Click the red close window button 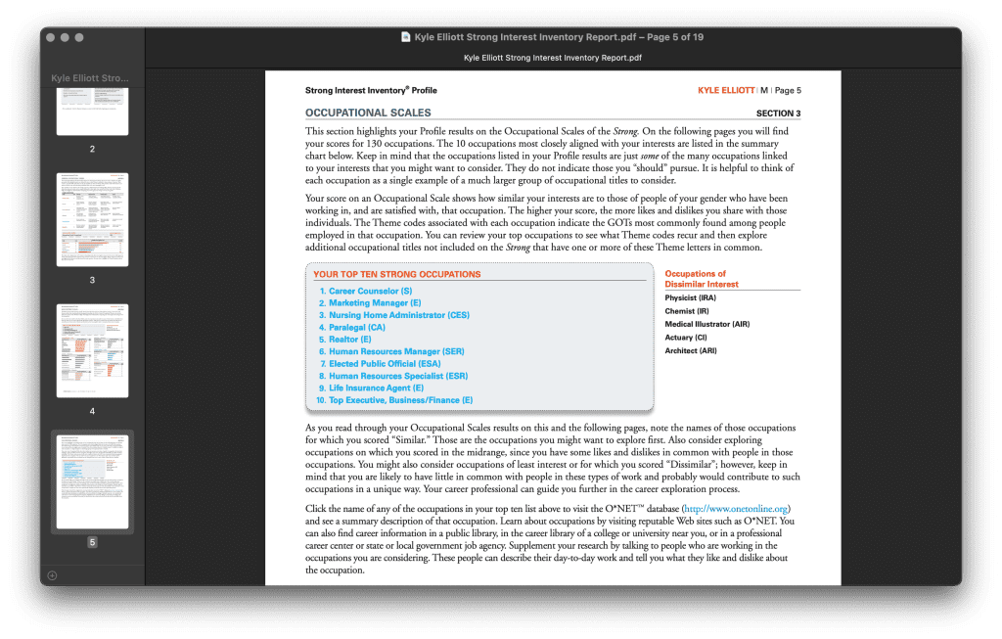point(51,37)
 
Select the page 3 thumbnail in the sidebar point(92,219)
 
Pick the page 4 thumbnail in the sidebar point(92,349)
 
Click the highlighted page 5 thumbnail point(92,481)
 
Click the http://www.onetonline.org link point(736,509)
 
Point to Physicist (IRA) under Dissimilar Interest point(690,297)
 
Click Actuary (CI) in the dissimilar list point(685,338)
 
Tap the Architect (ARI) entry point(690,350)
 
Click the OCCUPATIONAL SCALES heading point(368,114)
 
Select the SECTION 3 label point(778,114)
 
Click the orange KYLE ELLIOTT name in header point(726,90)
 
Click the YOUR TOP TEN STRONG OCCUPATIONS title point(396,275)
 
